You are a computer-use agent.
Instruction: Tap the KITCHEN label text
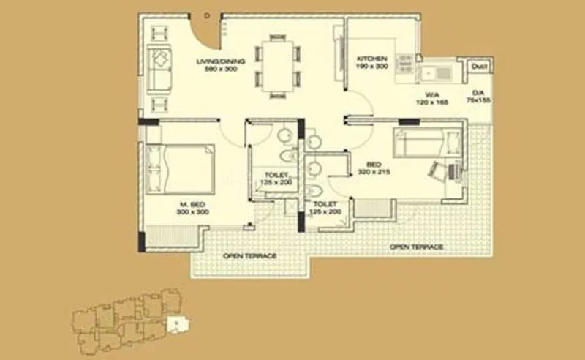371,59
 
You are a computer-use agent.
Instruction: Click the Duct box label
480,67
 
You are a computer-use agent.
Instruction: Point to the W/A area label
431,94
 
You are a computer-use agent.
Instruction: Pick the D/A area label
479,93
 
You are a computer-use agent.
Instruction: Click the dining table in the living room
277,67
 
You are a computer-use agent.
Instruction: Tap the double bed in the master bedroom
179,168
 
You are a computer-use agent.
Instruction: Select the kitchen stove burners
404,64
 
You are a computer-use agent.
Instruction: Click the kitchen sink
437,72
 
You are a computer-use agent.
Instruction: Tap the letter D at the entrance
207,14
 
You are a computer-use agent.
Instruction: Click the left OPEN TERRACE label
250,256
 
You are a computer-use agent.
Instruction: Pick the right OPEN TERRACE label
417,247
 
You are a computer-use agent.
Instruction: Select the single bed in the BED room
427,142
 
